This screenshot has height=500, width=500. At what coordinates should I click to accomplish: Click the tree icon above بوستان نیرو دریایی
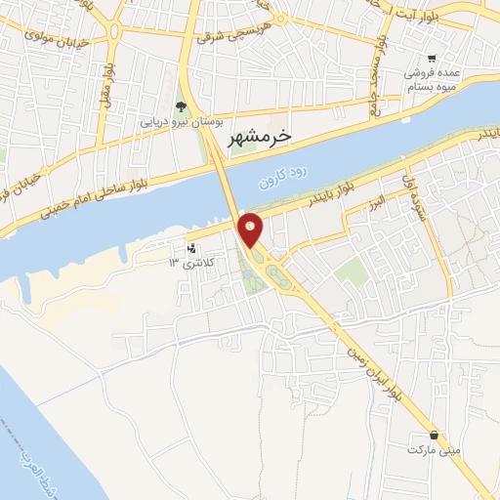tap(180, 106)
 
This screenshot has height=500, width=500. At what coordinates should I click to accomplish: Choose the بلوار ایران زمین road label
tap(371, 367)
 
